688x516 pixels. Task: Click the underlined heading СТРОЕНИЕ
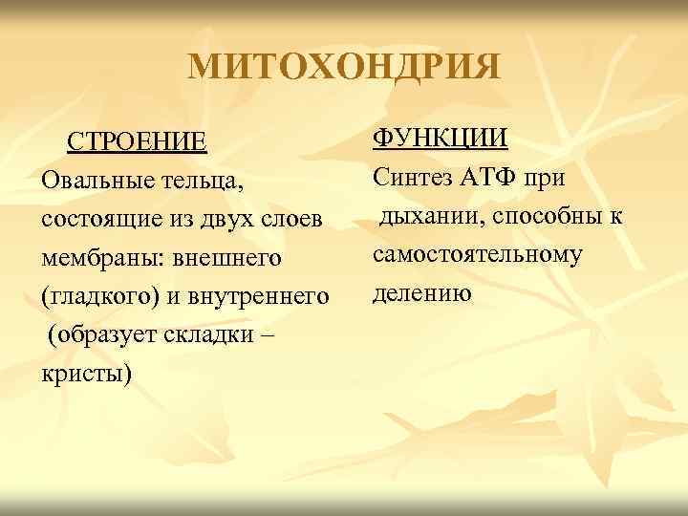136,142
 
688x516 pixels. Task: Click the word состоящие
99,218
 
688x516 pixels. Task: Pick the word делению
422,292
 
